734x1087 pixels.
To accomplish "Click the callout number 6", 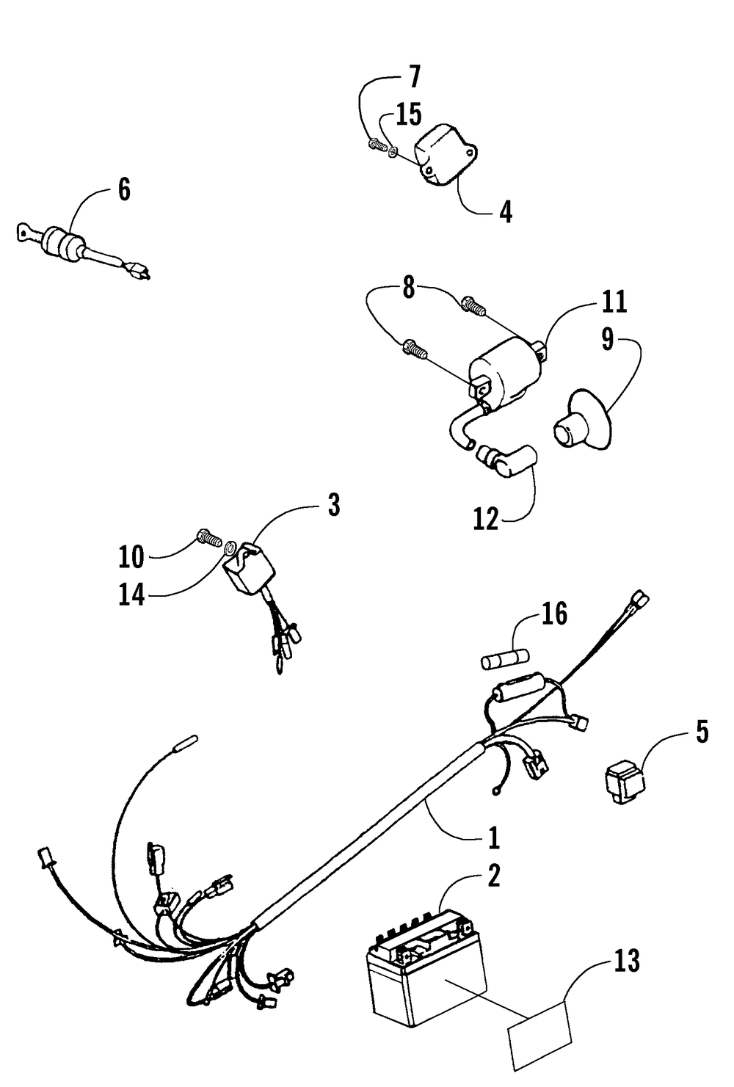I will (124, 189).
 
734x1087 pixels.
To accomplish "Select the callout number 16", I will (555, 614).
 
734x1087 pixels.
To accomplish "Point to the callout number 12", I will (486, 519).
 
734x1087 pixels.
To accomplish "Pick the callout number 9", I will (608, 340).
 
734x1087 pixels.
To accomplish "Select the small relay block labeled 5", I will (624, 783).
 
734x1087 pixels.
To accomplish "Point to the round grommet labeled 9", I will (577, 424).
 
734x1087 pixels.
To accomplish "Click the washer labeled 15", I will (394, 152).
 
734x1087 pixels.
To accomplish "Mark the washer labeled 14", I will (230, 547).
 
